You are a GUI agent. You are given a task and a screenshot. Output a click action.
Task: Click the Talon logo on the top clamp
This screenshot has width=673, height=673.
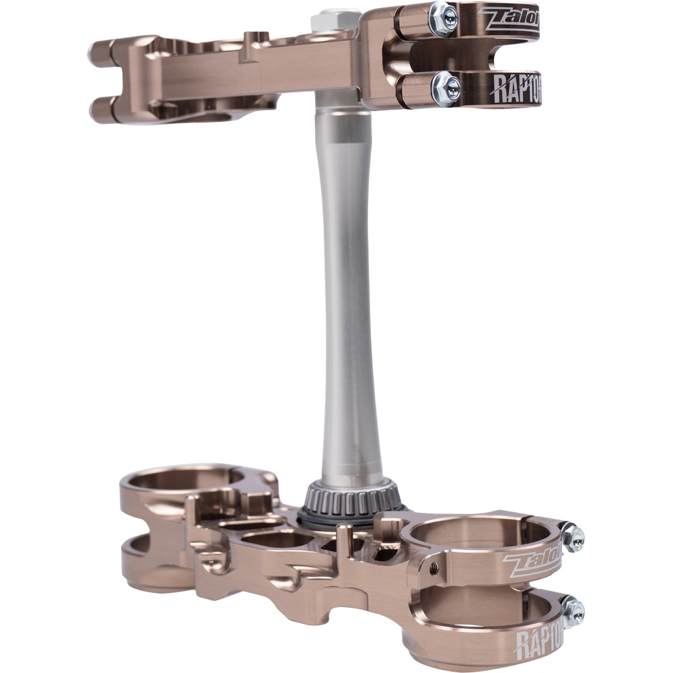tap(508, 19)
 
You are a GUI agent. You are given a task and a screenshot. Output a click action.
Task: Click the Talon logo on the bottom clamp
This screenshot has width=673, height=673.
tap(532, 563)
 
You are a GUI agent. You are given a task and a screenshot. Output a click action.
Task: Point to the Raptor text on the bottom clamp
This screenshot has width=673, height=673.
tap(538, 639)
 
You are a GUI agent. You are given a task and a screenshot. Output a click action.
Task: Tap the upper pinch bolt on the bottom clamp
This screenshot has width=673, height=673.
tap(573, 536)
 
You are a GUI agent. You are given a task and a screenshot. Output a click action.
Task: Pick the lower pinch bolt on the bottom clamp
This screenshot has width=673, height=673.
tap(573, 611)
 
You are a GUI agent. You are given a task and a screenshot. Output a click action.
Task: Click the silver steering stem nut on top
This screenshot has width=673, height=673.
tap(334, 20)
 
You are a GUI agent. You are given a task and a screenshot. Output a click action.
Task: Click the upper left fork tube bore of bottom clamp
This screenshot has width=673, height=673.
tap(182, 479)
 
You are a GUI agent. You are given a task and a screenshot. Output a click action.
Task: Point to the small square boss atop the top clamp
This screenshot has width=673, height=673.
tap(256, 38)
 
